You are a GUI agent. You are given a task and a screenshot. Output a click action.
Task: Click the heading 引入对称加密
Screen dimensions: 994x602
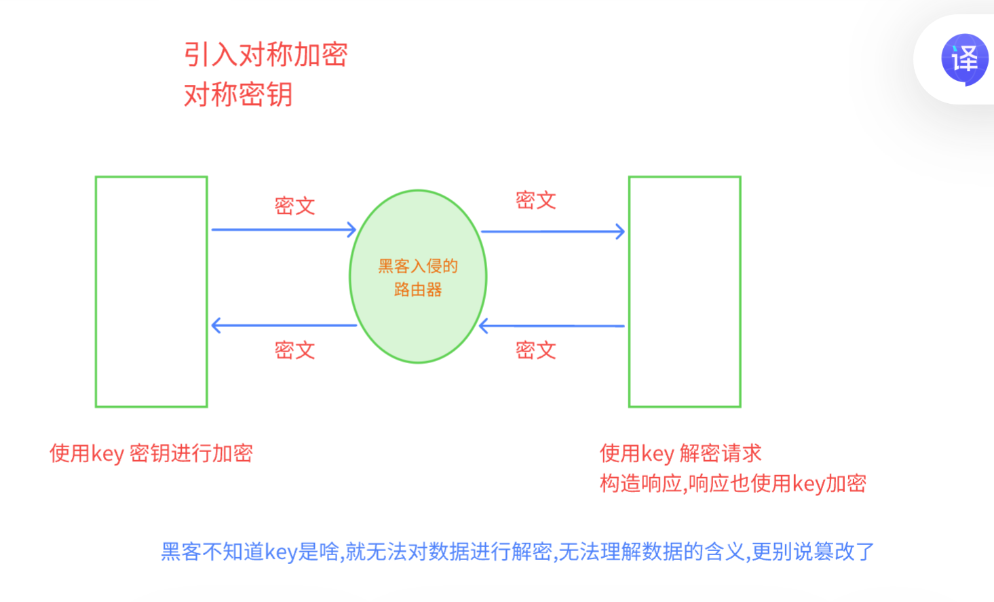[265, 55]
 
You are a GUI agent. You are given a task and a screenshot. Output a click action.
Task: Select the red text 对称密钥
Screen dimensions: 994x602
[238, 94]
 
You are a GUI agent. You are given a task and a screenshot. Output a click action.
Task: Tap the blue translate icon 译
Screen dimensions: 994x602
[964, 59]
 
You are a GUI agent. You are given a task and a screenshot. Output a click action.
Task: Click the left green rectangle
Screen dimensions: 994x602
[151, 292]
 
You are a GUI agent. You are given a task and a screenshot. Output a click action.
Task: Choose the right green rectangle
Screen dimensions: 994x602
[685, 292]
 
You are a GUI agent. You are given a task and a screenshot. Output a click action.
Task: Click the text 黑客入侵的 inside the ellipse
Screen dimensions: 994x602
[418, 266]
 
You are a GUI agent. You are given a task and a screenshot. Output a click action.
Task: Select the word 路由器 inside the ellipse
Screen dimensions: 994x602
[418, 290]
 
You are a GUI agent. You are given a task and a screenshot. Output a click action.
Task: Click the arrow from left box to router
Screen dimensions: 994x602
[284, 229]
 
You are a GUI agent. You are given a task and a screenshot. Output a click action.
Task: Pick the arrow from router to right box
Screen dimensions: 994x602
[552, 231]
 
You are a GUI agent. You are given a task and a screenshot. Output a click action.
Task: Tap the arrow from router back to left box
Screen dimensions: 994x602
[284, 326]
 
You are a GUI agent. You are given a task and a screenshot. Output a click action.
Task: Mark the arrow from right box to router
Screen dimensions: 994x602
[552, 326]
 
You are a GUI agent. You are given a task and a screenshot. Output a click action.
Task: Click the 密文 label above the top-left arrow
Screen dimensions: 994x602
[294, 206]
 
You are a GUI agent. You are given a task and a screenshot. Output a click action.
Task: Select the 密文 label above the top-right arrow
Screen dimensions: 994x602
[535, 200]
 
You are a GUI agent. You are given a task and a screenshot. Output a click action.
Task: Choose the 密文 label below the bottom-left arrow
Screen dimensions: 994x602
[294, 350]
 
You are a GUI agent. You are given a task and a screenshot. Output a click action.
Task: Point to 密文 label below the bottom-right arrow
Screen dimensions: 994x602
[535, 350]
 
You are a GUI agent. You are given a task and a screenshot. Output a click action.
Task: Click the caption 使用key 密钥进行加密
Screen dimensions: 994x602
[151, 453]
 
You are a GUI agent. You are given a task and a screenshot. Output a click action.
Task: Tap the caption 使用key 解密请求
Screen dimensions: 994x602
[681, 453]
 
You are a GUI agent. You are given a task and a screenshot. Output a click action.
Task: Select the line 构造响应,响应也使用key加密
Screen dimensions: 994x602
[733, 483]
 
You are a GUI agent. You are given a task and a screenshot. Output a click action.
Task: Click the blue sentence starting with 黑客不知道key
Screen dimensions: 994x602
[517, 552]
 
